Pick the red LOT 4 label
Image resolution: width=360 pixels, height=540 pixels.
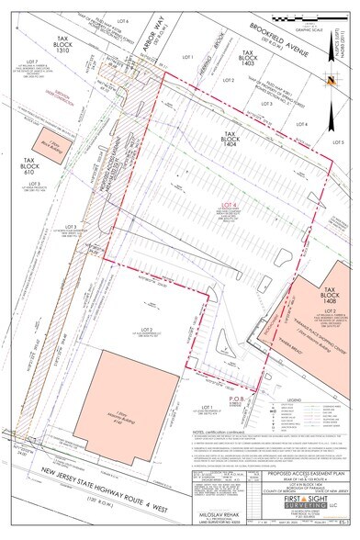(x=227, y=204)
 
